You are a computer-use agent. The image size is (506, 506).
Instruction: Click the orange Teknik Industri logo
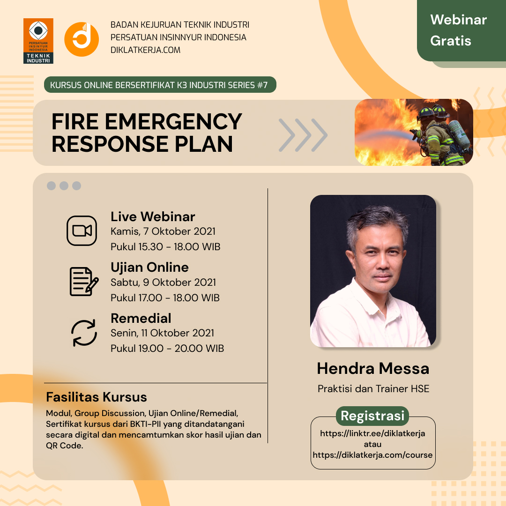pos(38,41)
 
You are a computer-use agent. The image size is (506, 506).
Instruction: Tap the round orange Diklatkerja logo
pos(82,39)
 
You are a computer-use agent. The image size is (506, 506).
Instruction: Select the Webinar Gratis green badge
pos(461,30)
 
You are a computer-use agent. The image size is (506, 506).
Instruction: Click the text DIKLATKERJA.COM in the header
pos(145,50)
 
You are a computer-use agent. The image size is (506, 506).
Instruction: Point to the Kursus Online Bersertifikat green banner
pos(160,85)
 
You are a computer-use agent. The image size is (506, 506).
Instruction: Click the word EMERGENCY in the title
pos(173,122)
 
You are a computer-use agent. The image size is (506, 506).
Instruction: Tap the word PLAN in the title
pos(204,144)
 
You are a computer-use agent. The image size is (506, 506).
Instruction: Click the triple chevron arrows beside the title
pos(303,135)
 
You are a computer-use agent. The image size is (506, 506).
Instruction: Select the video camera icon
pos(82,231)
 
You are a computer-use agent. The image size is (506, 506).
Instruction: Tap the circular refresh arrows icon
pos(84,333)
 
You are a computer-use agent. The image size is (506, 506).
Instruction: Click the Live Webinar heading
pos(153,216)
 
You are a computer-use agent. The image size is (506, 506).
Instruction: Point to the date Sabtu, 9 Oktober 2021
pos(164,283)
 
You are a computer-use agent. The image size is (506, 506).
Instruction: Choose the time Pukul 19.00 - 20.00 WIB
pos(167,349)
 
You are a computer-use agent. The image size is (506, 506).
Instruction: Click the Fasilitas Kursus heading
pos(97,397)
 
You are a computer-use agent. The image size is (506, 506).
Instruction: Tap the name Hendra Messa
pos(373,369)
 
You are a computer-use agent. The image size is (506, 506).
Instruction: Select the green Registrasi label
pos(372,416)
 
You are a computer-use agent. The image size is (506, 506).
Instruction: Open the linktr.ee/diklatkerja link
pos(372,433)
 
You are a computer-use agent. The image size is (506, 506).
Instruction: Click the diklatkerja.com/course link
pos(372,455)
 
